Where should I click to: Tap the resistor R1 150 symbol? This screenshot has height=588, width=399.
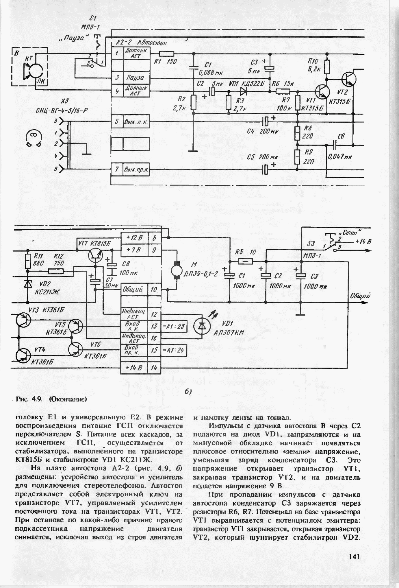tap(167, 53)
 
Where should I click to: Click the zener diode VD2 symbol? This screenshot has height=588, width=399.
tap(28, 284)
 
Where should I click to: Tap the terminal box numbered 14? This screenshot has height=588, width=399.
tap(154, 368)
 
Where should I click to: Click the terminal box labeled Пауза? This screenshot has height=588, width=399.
tap(134, 78)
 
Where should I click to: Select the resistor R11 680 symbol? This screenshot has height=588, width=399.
tap(28, 261)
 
